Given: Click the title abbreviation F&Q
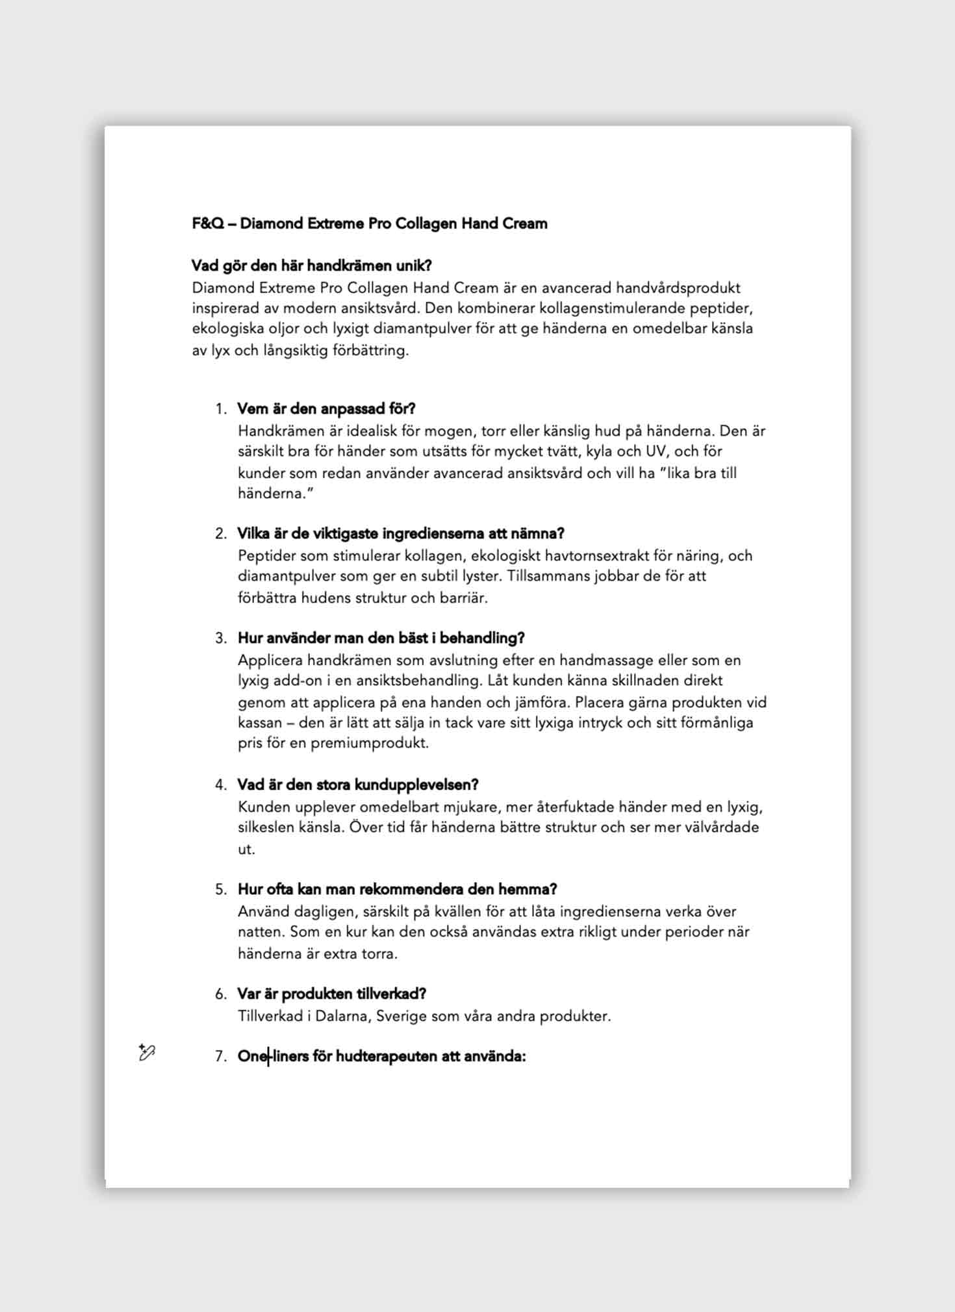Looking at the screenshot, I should [208, 223].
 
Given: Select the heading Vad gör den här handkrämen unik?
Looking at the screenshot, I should [311, 266].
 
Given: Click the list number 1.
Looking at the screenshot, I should [221, 409].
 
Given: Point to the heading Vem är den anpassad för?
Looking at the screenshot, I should [326, 409].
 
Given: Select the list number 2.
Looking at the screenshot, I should [221, 534].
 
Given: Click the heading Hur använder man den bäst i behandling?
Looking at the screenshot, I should [381, 638].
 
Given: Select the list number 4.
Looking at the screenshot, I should [221, 785].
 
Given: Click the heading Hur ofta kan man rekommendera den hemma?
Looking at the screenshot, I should [397, 890].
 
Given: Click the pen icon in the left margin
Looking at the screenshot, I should [147, 1053].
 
